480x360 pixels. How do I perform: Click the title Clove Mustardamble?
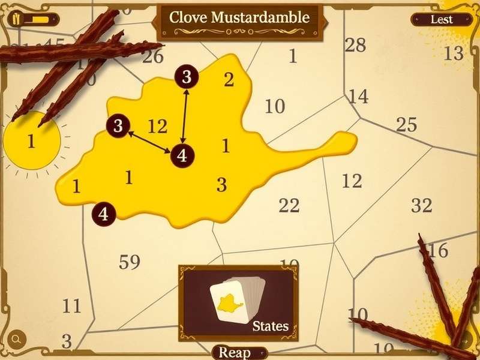(239, 17)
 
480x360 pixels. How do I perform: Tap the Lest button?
(441, 19)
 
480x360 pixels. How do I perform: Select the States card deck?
(239, 301)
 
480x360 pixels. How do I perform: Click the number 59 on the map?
(130, 262)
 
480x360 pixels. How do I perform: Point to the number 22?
(289, 206)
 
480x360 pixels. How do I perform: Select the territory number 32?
(422, 206)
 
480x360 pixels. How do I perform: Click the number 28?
(355, 45)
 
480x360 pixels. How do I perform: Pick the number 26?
(153, 57)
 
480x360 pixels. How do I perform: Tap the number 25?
(406, 125)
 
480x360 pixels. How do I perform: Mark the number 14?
(358, 96)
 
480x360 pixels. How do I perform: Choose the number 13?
(454, 54)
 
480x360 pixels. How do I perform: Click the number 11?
(71, 307)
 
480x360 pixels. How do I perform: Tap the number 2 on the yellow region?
(229, 80)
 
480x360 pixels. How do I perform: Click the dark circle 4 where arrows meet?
(182, 155)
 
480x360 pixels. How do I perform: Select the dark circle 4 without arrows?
(104, 214)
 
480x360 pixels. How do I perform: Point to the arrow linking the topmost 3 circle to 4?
(185, 116)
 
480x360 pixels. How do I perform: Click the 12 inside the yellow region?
(157, 127)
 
